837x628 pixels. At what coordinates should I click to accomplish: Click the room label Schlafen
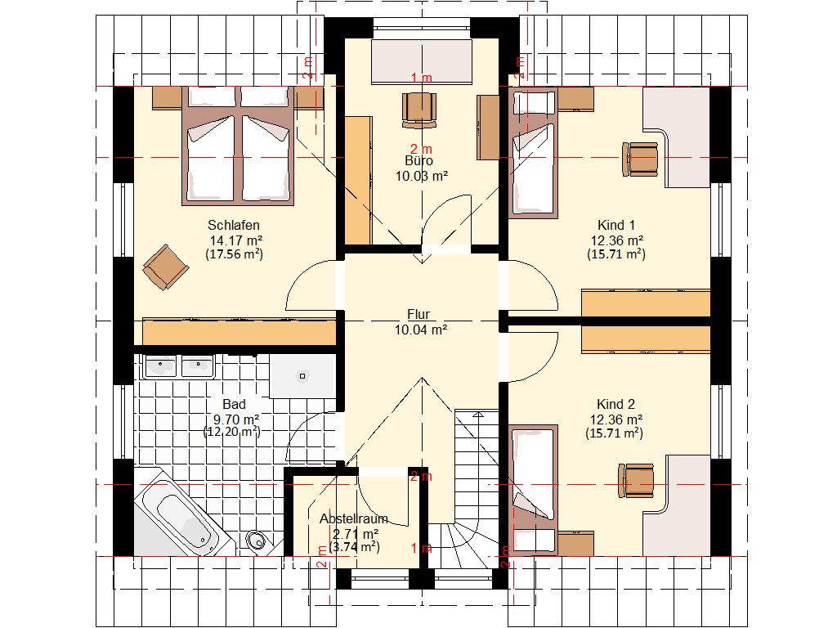(x=233, y=226)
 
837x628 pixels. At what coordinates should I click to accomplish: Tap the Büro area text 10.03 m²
(x=421, y=177)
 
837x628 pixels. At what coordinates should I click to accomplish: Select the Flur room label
(x=418, y=314)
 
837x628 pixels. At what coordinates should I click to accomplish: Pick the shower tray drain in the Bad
(x=302, y=376)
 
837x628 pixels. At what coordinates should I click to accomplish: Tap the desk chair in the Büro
(x=419, y=110)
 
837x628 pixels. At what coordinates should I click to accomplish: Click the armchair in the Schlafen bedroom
(x=165, y=267)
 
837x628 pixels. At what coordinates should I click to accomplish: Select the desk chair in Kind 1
(x=640, y=159)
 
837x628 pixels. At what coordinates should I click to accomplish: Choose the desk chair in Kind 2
(x=636, y=481)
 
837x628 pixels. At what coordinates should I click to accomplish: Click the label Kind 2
(x=615, y=404)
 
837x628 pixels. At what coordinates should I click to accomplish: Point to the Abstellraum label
(x=353, y=518)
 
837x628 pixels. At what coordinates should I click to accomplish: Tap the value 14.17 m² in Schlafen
(x=236, y=241)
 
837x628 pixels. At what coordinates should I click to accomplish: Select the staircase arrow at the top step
(x=477, y=415)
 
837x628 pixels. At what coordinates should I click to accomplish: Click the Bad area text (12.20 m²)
(x=232, y=432)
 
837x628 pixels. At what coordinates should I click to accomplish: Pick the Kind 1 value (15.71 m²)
(x=616, y=254)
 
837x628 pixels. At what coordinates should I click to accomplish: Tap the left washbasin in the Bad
(x=160, y=367)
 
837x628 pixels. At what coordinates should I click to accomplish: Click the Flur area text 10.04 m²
(x=421, y=330)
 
